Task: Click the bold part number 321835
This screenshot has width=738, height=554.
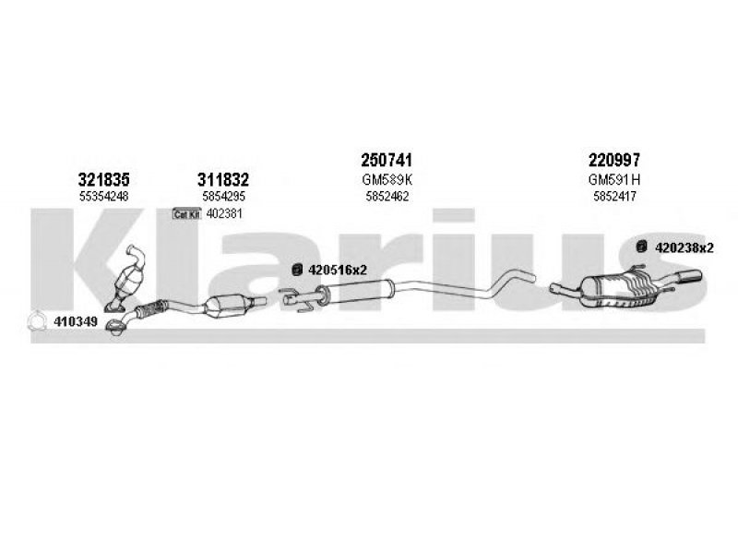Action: coord(103,179)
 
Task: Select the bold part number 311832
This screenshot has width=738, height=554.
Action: coord(223,179)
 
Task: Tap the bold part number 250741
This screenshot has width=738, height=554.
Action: coord(387,160)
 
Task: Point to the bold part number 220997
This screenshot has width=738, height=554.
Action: coord(614,160)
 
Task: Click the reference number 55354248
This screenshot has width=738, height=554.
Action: coord(103,197)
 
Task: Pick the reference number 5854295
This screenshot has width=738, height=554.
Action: coord(223,197)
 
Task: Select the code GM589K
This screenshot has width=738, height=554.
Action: coord(387,179)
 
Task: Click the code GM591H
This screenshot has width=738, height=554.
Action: coord(614,179)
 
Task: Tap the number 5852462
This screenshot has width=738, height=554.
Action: coord(387,197)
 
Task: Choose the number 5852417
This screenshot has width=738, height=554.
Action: coord(614,197)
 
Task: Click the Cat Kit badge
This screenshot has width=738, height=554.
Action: coord(187,214)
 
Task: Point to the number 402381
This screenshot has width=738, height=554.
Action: coord(224,214)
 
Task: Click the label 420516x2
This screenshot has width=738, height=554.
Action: coord(338,270)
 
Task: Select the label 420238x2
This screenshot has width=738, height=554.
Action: coord(684,247)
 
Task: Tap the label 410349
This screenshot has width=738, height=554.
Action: coord(76,321)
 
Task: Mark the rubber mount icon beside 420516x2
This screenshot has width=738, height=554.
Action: coord(297,270)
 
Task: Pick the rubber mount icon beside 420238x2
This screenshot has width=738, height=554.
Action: coord(641,247)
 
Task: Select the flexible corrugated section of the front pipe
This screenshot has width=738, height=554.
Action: coord(150,309)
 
